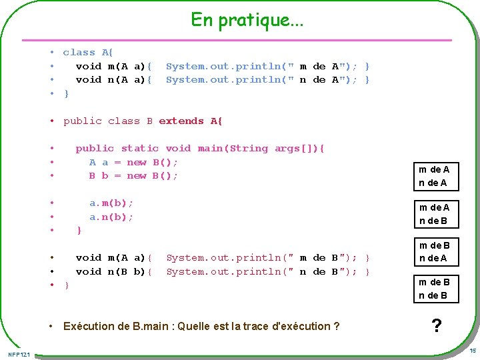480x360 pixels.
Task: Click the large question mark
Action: (436, 326)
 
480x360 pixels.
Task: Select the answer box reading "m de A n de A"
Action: (434, 176)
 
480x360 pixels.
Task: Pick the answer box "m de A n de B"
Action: (434, 214)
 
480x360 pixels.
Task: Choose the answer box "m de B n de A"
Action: (434, 252)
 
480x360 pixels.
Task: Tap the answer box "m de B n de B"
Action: (434, 289)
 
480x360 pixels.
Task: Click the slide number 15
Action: (472, 351)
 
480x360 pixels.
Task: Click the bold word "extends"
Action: (181, 121)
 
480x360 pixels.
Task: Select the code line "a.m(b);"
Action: (111, 203)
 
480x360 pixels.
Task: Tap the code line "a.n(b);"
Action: (111, 217)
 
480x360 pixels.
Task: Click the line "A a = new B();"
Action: (133, 162)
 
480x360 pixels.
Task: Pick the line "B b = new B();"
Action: (133, 175)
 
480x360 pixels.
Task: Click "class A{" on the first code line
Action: (89, 52)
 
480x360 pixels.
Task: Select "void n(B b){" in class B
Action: (114, 271)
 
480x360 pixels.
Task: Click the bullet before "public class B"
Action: (51, 121)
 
